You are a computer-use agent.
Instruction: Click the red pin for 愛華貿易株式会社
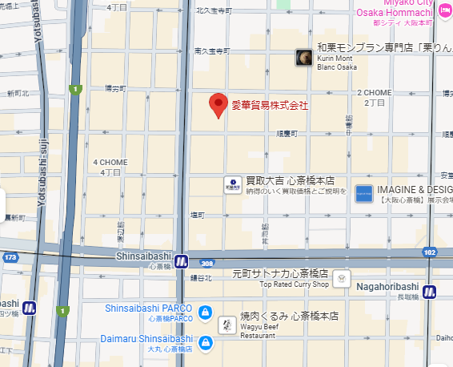coord(218,105)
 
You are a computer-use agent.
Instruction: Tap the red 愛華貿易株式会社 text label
coord(270,106)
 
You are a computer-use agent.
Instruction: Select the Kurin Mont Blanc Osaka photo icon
coord(304,57)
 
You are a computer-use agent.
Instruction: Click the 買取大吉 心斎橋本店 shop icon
coord(232,184)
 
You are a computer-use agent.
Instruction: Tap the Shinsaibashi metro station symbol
coord(182,260)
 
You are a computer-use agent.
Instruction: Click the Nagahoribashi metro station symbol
coord(430,292)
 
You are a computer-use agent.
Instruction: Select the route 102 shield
coord(429,252)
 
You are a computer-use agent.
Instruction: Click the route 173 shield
coord(10,258)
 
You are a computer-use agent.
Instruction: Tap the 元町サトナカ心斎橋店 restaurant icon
coord(343,278)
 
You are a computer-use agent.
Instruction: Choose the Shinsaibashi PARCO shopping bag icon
coord(205,311)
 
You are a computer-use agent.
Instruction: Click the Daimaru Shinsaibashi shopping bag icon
coord(205,343)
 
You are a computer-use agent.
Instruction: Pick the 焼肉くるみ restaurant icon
coord(227,325)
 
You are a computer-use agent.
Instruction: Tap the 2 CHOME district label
coord(375,93)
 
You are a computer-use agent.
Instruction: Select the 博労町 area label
coord(116,89)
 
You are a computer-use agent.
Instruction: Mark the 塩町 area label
coord(197,215)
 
